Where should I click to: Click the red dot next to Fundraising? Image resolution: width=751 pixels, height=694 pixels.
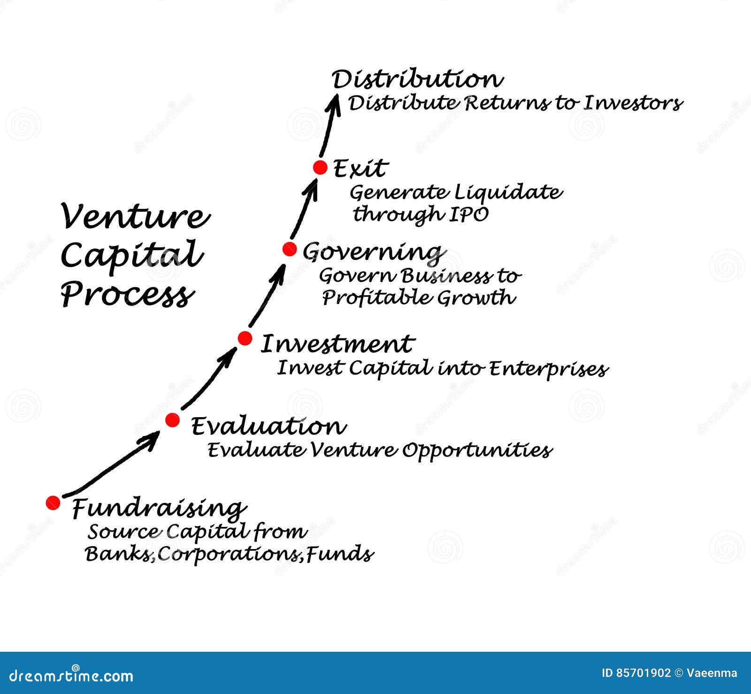click(x=53, y=503)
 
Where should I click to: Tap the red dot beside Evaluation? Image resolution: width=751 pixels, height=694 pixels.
click(x=172, y=420)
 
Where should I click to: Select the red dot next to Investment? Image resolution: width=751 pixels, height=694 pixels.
click(x=245, y=338)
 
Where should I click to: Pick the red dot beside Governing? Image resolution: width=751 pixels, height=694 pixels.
click(x=290, y=249)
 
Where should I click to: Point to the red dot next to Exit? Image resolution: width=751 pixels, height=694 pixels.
click(x=320, y=168)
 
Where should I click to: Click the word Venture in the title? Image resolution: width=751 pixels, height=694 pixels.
click(x=135, y=217)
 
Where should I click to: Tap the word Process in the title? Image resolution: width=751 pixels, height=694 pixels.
click(x=127, y=295)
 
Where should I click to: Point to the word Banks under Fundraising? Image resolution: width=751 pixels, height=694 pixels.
click(x=119, y=554)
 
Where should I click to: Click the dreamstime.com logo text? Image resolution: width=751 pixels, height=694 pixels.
click(x=67, y=676)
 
